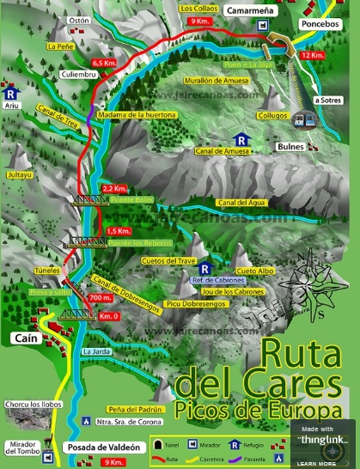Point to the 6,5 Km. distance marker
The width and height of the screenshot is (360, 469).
coord(103,63)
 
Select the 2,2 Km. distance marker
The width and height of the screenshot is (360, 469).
coord(114,187)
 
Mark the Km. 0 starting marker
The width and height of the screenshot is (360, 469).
coord(107,317)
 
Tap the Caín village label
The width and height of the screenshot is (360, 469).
coord(23,340)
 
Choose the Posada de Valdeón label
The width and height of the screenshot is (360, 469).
coord(101,448)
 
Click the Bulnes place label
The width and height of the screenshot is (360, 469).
coord(291,147)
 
